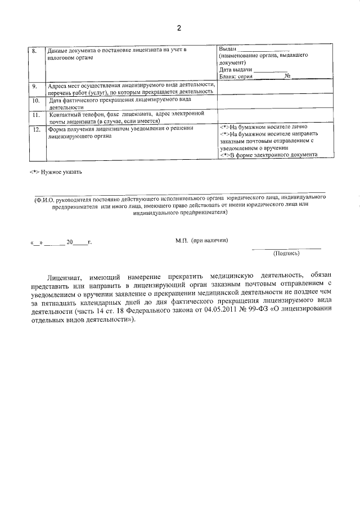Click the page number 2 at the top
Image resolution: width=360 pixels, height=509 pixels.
click(179, 28)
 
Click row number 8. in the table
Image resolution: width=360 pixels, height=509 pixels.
click(34, 51)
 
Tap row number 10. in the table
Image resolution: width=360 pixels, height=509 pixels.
click(35, 100)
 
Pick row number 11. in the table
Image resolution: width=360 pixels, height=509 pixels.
click(35, 114)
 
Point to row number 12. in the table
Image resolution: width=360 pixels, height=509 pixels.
click(35, 129)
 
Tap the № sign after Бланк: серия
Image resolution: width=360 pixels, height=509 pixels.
click(287, 75)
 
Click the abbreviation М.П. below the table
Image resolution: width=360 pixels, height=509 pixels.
click(181, 240)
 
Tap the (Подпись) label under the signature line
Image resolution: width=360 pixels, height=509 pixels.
click(286, 253)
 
